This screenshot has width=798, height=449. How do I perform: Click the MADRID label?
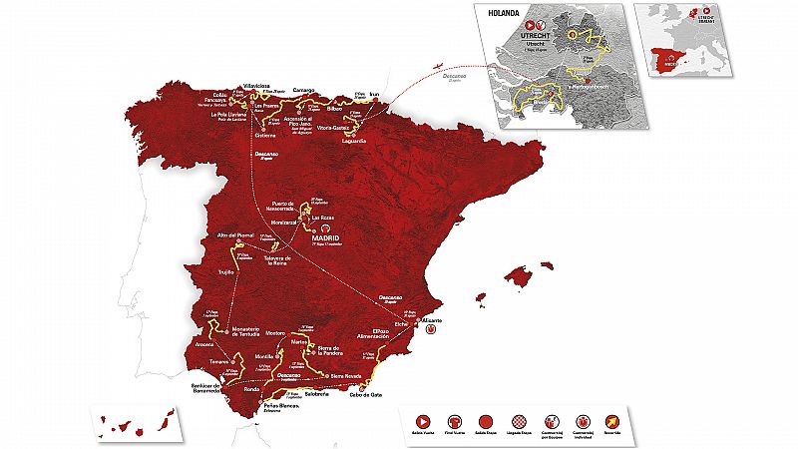[x=324, y=239]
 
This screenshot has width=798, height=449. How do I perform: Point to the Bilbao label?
[x=328, y=104]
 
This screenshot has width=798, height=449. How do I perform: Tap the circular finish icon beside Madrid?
[x=339, y=227]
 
